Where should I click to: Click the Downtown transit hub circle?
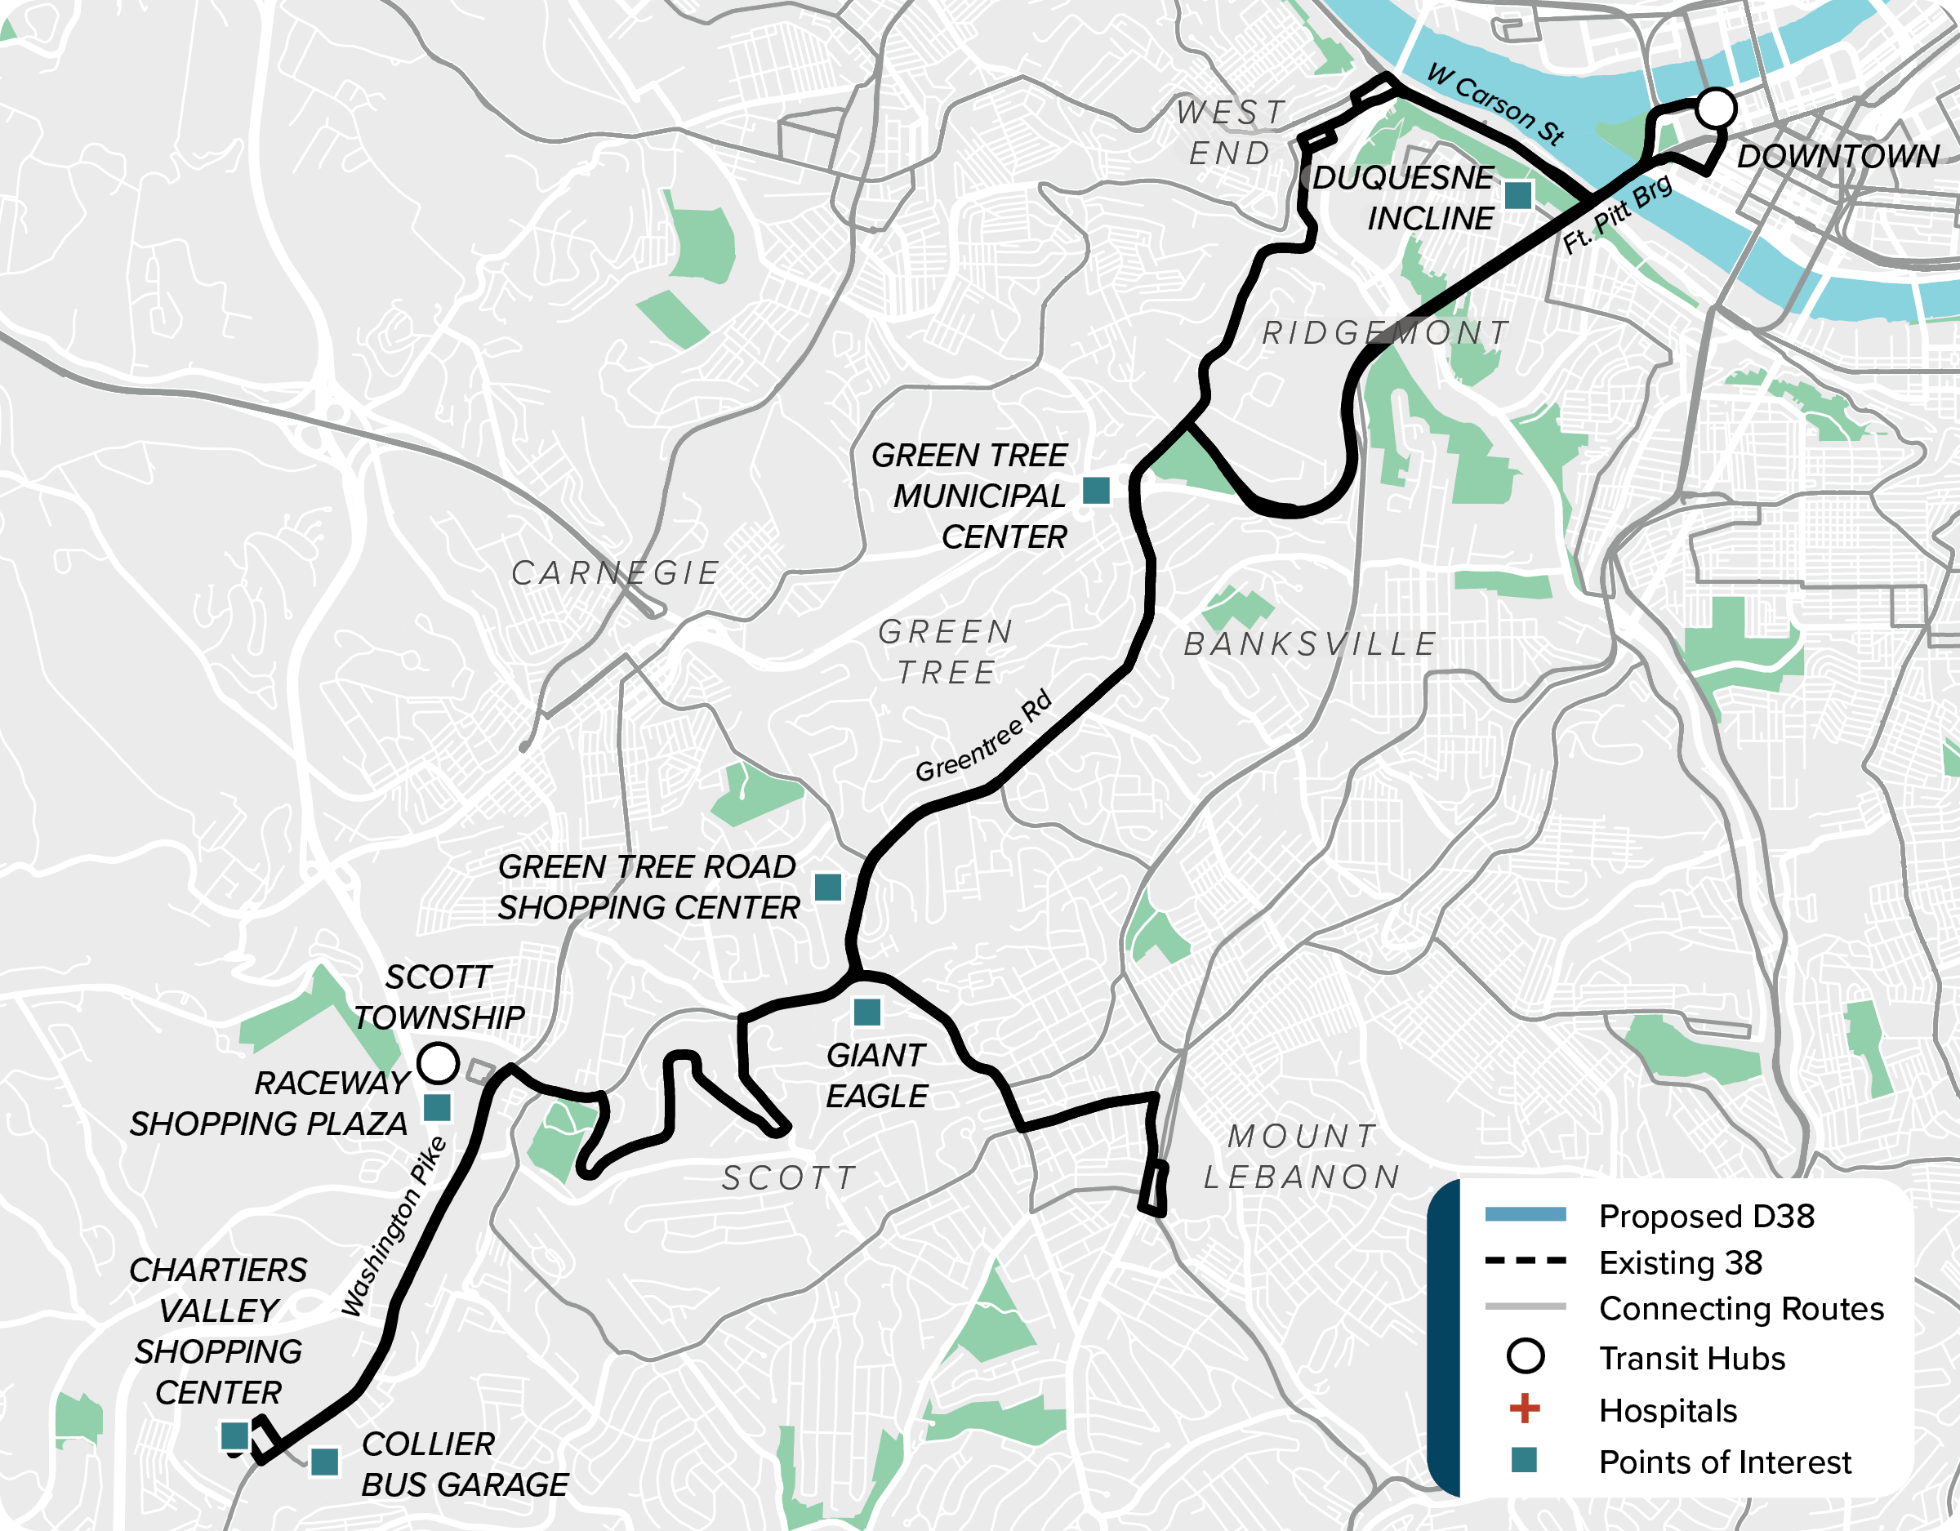click(x=1715, y=108)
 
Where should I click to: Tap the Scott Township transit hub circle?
click(x=438, y=1062)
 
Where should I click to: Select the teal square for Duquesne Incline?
click(x=1517, y=194)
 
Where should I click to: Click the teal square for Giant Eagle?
click(x=867, y=1013)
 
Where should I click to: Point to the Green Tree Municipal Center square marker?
click(x=1096, y=491)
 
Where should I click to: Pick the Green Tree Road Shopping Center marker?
click(x=827, y=888)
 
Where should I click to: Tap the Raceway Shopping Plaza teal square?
click(x=436, y=1107)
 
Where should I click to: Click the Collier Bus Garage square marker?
click(x=324, y=1462)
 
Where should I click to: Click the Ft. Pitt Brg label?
click(x=1617, y=214)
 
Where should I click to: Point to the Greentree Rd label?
click(x=983, y=736)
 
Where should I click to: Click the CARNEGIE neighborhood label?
click(x=616, y=572)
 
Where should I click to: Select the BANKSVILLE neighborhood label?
click(x=1310, y=644)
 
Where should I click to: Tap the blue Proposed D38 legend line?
click(x=1525, y=1215)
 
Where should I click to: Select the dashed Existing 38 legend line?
click(x=1525, y=1261)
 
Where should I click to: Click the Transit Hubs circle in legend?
click(x=1525, y=1356)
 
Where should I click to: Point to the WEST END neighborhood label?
click(x=1231, y=133)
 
